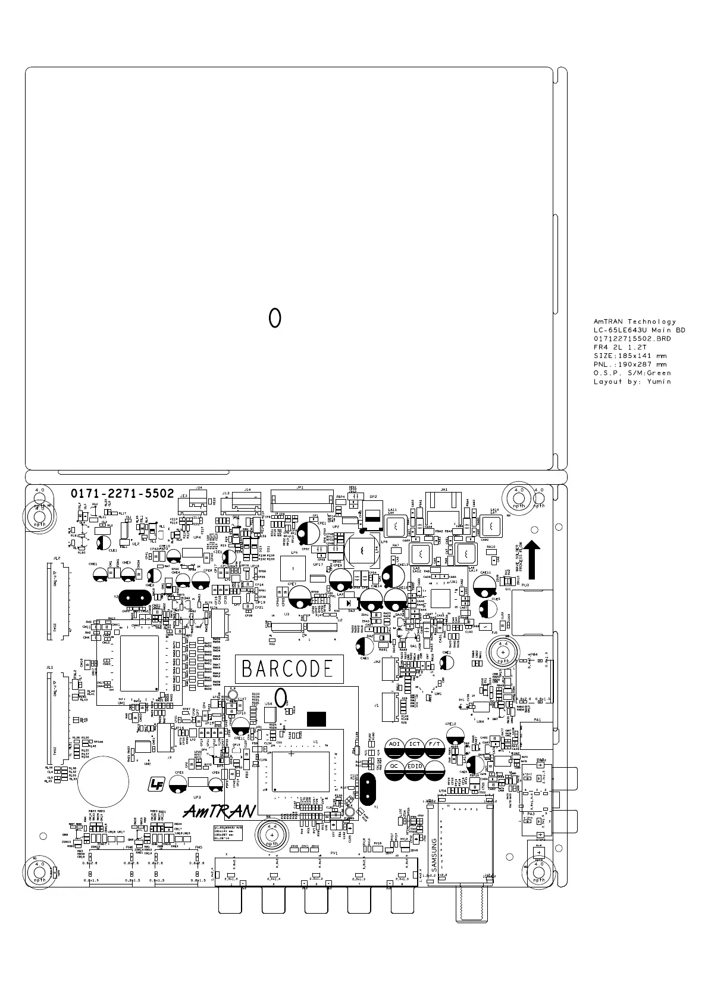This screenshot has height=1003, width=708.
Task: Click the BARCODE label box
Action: click(289, 669)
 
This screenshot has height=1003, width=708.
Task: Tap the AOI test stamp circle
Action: click(394, 744)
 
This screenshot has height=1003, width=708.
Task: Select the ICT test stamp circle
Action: click(415, 744)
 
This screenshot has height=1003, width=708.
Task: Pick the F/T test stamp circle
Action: click(435, 744)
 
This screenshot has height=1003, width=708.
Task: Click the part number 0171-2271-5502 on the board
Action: click(123, 494)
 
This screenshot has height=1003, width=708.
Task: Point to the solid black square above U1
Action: click(316, 718)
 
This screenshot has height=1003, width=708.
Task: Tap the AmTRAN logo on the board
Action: click(219, 811)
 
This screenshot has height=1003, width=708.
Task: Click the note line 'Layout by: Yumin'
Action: click(632, 382)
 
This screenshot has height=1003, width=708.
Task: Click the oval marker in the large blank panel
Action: click(274, 318)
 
